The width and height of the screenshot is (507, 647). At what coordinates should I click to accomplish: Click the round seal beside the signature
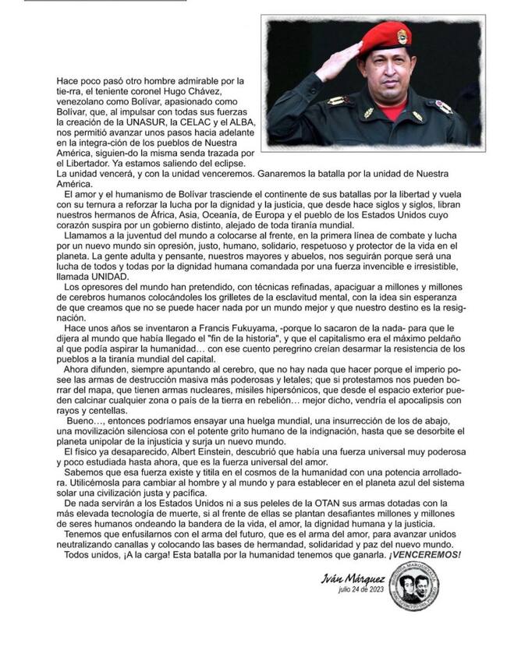[413, 585]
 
